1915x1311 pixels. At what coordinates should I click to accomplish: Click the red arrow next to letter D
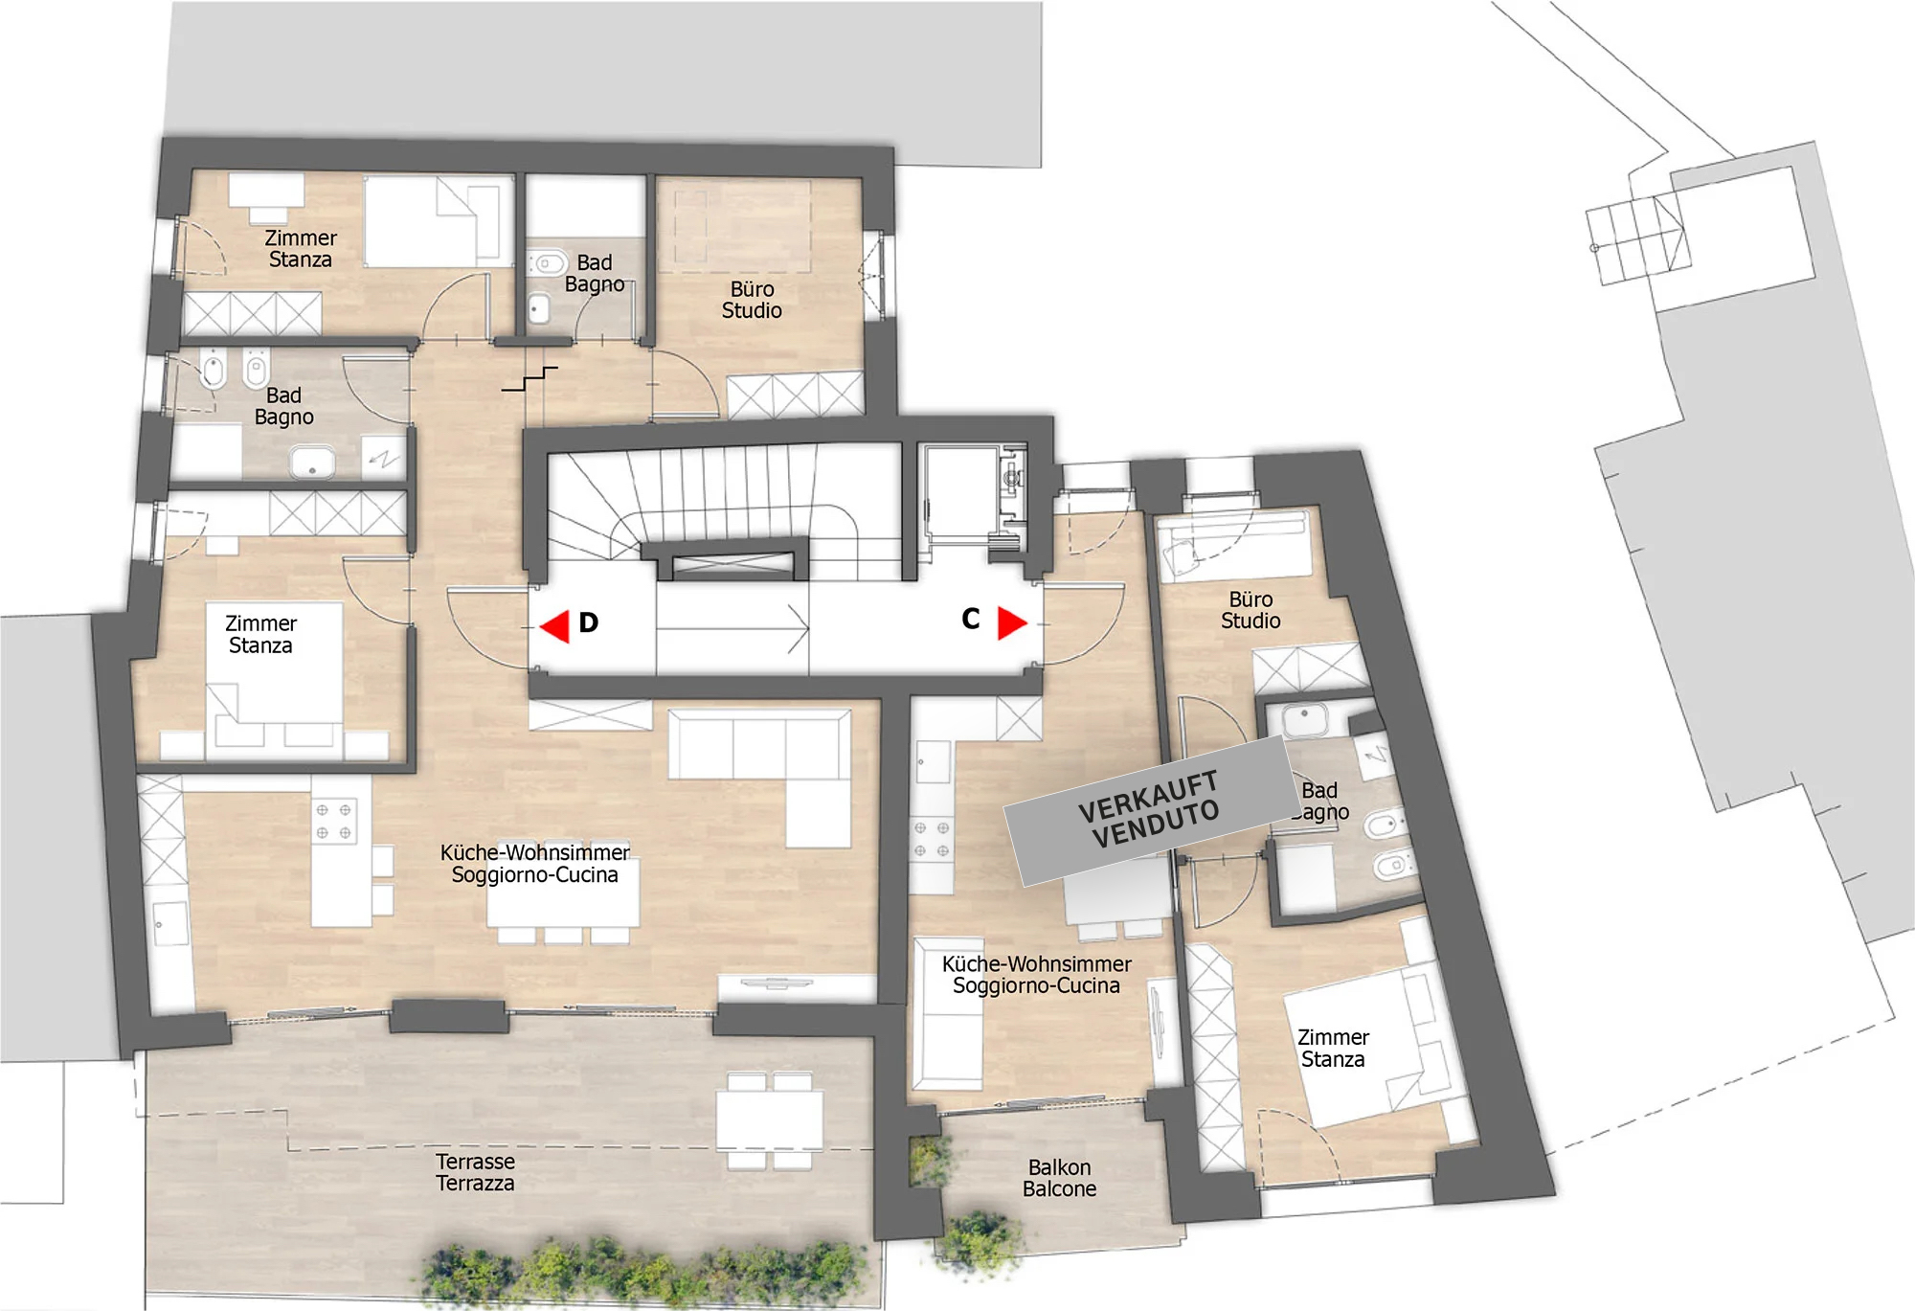tap(554, 626)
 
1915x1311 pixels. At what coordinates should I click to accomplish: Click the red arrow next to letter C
tap(1012, 622)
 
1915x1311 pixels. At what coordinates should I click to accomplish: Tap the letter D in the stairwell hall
tap(589, 623)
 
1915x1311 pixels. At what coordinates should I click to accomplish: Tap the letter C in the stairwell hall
tap(971, 620)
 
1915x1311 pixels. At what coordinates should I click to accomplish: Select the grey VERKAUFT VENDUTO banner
tap(1149, 810)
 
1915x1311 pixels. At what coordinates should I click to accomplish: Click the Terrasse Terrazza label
tap(476, 1172)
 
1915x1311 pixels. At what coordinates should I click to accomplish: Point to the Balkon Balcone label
tap(1060, 1178)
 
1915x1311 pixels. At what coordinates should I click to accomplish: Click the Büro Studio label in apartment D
tap(752, 300)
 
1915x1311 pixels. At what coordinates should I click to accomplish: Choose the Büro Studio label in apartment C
tap(1250, 610)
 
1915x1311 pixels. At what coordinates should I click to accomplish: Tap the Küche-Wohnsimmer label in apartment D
tap(535, 852)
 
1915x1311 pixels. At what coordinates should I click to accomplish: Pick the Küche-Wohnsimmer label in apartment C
tap(1037, 963)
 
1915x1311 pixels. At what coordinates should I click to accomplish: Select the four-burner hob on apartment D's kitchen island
tap(333, 822)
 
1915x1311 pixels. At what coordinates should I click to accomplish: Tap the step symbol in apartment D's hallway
tap(529, 379)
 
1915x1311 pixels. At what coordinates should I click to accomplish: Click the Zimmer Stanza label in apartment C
tap(1333, 1048)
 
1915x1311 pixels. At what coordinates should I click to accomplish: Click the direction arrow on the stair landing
tap(732, 629)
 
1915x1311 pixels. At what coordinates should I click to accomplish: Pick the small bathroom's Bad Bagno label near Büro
tap(594, 273)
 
